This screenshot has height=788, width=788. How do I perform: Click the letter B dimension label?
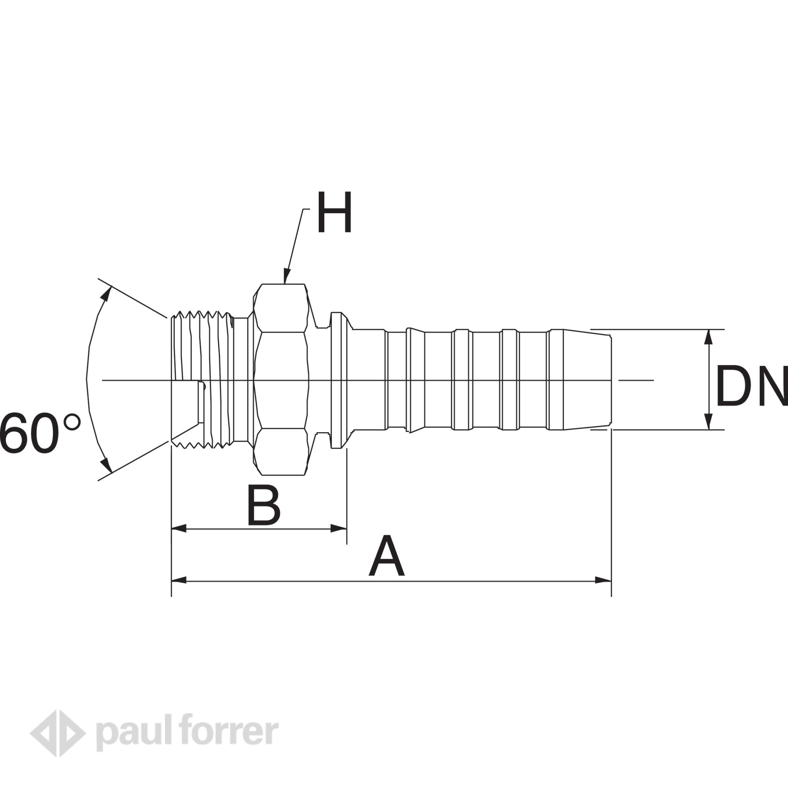(264, 506)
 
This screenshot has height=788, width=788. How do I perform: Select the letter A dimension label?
(386, 557)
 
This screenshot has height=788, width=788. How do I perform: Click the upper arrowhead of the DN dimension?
(709, 336)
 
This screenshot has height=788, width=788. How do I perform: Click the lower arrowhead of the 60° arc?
(106, 465)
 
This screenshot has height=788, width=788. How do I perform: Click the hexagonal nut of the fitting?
(281, 380)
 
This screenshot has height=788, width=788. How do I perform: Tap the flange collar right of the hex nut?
(336, 380)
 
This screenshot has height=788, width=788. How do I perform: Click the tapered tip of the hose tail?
(579, 380)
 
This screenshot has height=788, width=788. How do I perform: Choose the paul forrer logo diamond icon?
(58, 733)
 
